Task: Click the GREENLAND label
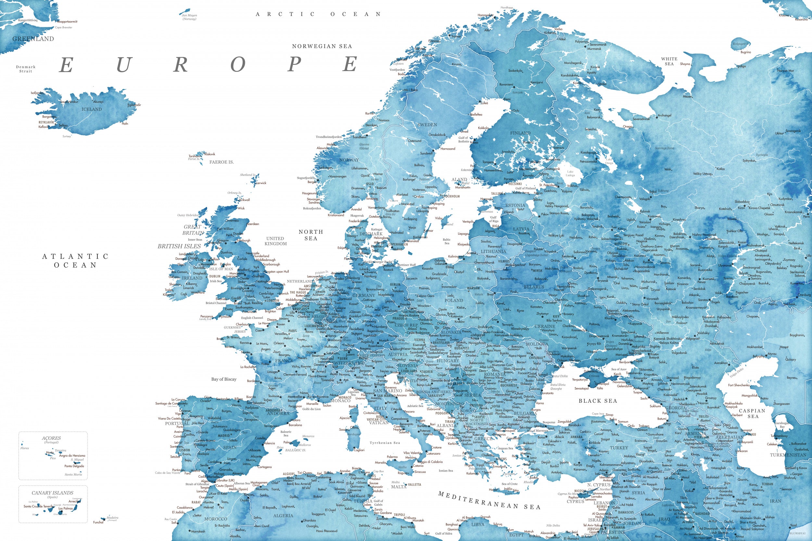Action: click(33, 39)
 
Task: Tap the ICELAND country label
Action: click(92, 109)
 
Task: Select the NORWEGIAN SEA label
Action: click(322, 46)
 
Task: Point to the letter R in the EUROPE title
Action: click(180, 65)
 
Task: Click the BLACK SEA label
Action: click(598, 401)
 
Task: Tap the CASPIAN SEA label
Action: click(752, 413)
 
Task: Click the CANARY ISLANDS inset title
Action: click(53, 493)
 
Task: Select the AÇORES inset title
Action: click(51, 438)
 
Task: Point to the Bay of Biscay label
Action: click(224, 379)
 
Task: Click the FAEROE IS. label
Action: click(221, 162)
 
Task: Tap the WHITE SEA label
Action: click(669, 61)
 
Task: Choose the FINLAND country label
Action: click(520, 133)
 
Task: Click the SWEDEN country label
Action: click(427, 125)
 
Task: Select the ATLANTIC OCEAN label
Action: click(75, 261)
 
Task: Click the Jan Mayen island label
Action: click(189, 17)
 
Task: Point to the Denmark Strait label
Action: click(26, 69)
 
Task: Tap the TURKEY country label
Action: click(619, 448)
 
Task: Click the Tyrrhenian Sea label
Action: click(385, 443)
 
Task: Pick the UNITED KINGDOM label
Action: click(275, 241)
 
